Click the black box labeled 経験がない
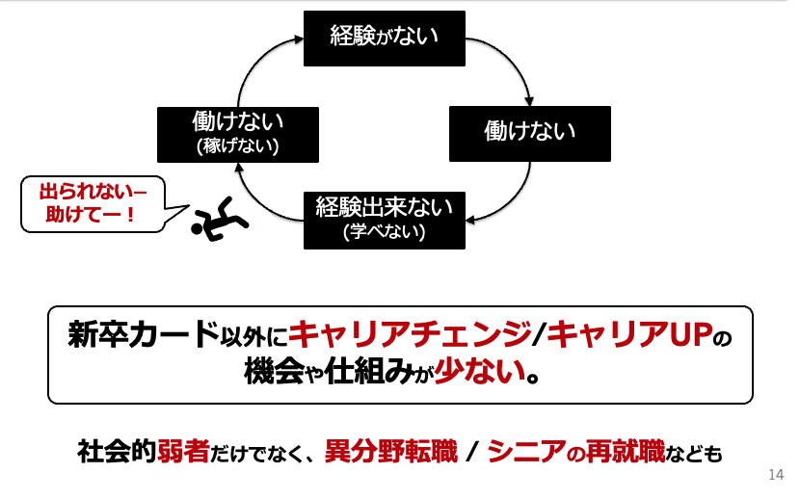[x=384, y=39]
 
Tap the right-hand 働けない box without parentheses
[x=529, y=133]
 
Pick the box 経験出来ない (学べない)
[x=384, y=219]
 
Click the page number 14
[x=777, y=475]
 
